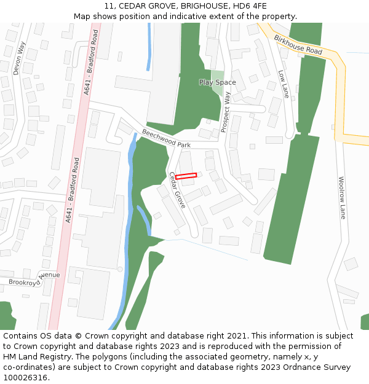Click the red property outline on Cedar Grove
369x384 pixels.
point(186,176)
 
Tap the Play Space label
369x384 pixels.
point(217,82)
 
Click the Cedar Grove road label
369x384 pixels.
point(177,190)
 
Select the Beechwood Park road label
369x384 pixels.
point(167,138)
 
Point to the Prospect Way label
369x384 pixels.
point(225,112)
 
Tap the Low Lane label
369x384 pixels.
point(284,84)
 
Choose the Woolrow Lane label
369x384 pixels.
point(342,198)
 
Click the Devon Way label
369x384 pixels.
point(19,58)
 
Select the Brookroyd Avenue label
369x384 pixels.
point(34,279)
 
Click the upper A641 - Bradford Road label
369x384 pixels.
point(91,63)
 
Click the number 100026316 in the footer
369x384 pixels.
point(25,378)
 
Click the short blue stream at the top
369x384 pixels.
point(148,47)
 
